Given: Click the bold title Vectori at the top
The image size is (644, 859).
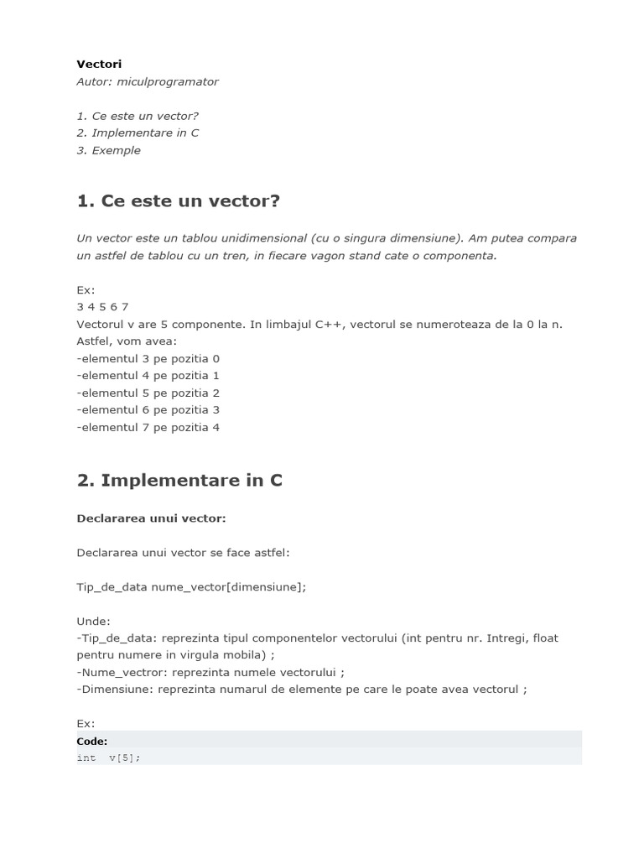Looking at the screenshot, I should pos(99,64).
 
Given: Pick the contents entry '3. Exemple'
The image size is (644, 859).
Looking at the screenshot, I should pos(108,150).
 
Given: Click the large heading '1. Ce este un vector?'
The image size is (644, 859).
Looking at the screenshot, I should pos(178,201).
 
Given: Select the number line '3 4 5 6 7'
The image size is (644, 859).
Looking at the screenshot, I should pos(102,307).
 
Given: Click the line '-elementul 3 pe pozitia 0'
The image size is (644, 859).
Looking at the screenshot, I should pos(148,358).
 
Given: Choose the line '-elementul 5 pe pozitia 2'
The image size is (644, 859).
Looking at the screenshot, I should pos(148,393).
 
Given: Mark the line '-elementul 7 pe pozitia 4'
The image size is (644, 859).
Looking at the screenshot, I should pos(148,427).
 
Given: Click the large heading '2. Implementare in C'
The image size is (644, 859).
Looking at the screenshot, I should pos(179,480).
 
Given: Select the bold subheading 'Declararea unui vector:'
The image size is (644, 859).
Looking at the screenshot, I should pos(151,518).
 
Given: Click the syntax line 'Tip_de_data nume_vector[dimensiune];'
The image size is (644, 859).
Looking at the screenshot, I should pos(191,586).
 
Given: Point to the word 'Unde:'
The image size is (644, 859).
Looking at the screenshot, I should pos(93,622).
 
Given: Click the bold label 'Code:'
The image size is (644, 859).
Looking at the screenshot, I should pos(92,741).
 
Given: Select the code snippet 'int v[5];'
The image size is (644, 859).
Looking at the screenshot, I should pos(108,757).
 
